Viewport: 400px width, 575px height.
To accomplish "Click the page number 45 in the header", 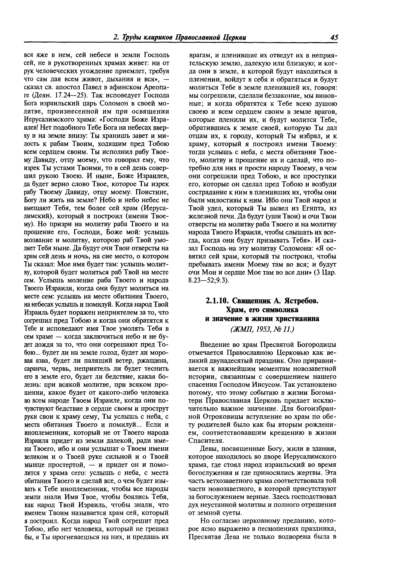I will coord(334,38).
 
